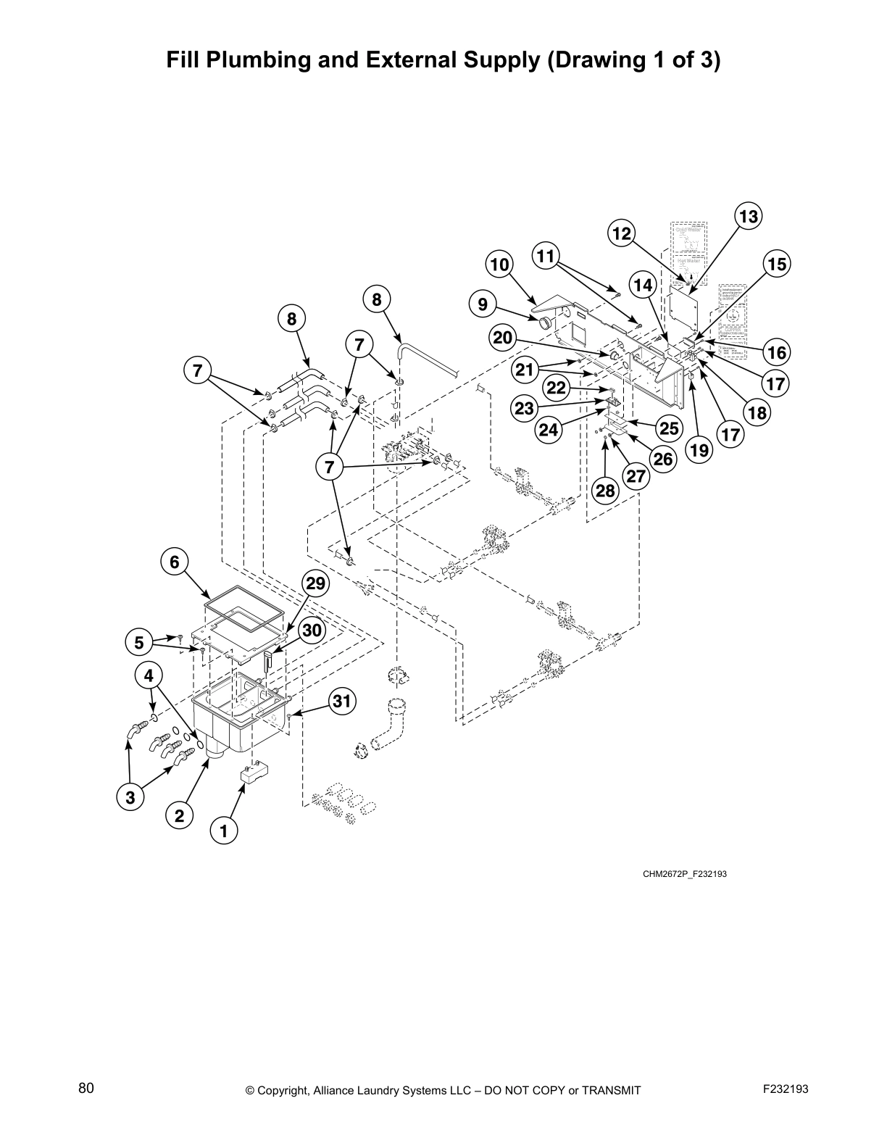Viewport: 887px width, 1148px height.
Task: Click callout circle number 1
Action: click(x=224, y=831)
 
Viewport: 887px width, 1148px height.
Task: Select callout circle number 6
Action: click(x=174, y=562)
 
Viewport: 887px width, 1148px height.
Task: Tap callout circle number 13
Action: click(x=748, y=217)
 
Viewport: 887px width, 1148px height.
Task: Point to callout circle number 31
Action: click(x=343, y=701)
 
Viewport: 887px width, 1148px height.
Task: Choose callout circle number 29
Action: click(x=315, y=584)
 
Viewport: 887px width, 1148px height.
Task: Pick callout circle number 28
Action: click(x=605, y=491)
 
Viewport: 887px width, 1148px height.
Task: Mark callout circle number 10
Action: click(x=500, y=265)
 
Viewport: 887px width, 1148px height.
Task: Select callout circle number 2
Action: click(x=180, y=815)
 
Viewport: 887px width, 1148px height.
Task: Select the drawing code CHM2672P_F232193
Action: click(x=684, y=874)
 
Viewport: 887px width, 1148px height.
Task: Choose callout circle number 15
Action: click(x=777, y=265)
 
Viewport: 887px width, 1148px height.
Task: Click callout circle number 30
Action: click(x=312, y=631)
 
